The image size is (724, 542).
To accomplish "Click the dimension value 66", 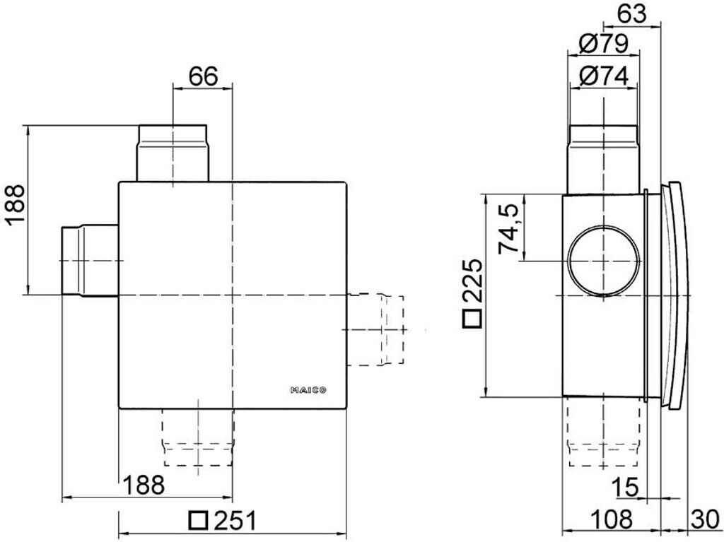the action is click(x=203, y=76).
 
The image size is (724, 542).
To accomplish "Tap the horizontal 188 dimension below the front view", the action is click(x=144, y=485).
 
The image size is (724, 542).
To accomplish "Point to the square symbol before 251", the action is click(x=199, y=520).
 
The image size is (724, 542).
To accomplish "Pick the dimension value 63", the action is click(x=631, y=14).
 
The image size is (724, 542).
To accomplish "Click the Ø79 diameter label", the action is click(x=603, y=45).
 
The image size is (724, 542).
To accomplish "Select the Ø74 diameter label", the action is click(x=603, y=76).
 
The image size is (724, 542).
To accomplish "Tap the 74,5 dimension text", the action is click(x=510, y=228).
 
